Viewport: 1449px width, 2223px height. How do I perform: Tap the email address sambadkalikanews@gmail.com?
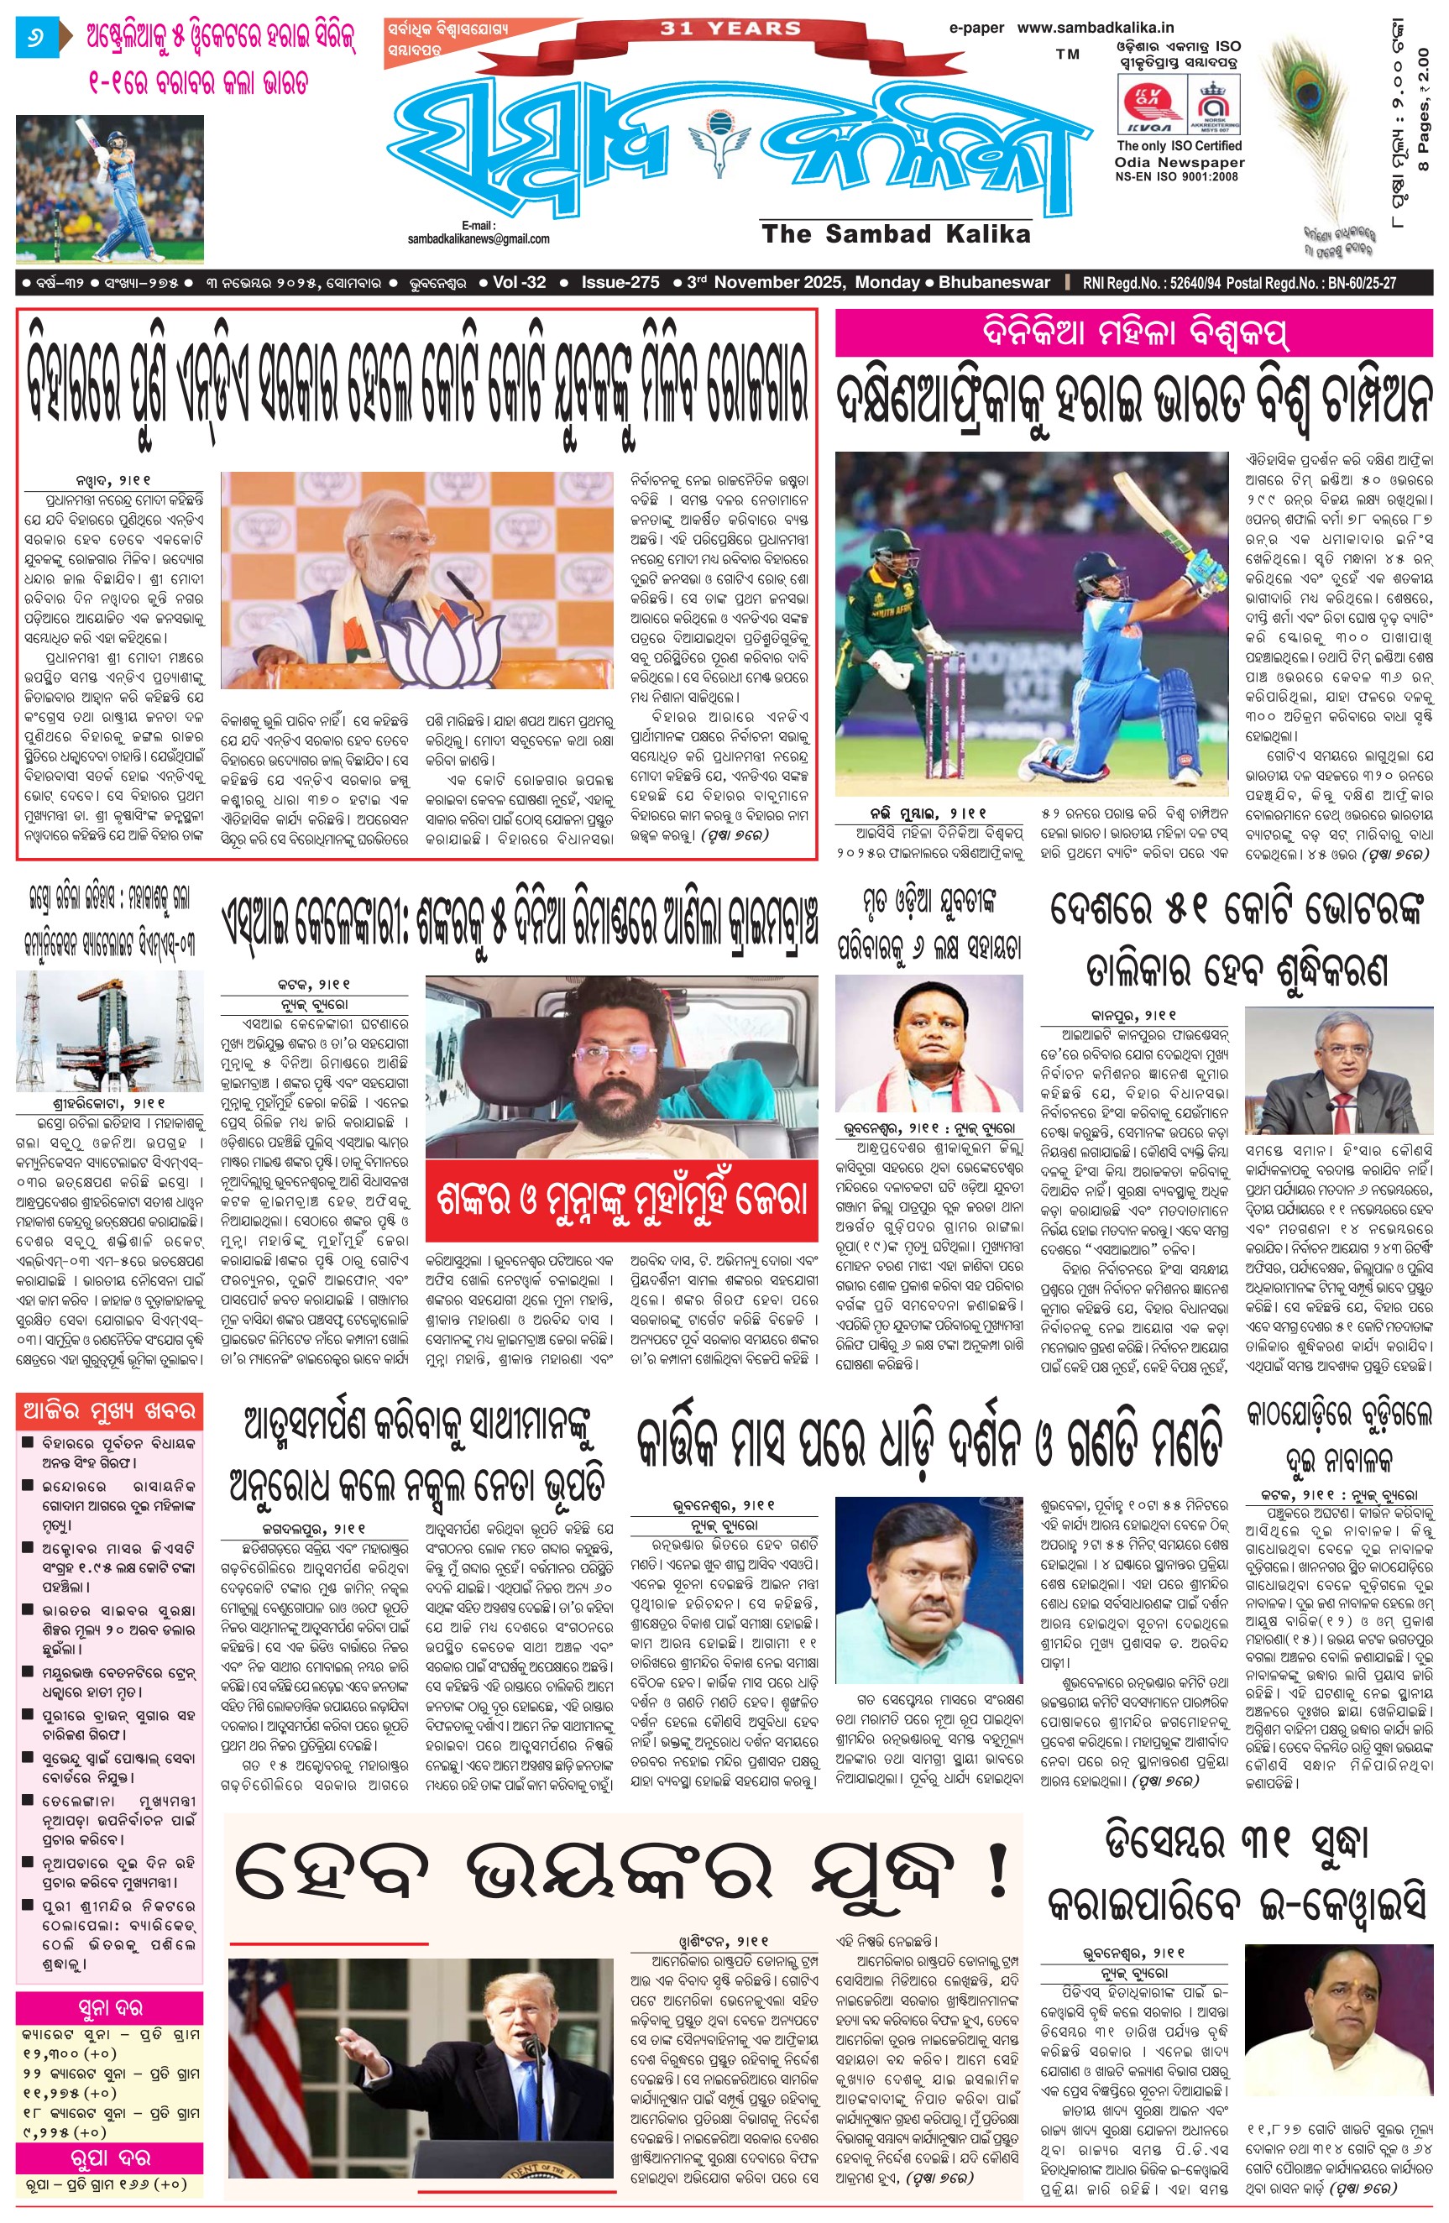tap(479, 239)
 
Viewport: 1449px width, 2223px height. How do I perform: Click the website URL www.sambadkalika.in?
tap(1095, 28)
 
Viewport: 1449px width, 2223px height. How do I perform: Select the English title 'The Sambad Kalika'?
tap(896, 233)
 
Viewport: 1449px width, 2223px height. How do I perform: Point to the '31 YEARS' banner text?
tap(730, 29)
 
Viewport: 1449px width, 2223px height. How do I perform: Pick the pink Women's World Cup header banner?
tap(1133, 332)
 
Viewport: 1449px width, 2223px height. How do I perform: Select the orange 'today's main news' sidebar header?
tap(109, 1411)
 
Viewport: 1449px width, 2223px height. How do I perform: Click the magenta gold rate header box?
tap(109, 2008)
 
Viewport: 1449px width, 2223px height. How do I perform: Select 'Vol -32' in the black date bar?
tap(519, 282)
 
